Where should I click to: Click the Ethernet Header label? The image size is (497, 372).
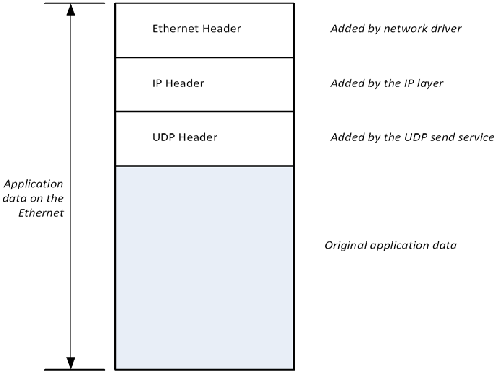tap(196, 29)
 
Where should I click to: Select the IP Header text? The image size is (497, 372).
tap(178, 83)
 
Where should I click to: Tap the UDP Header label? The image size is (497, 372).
tap(185, 137)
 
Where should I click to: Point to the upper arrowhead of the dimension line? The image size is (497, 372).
tap(71, 10)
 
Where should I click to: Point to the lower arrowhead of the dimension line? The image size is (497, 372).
tap(71, 362)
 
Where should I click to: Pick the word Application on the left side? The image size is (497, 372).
tap(34, 184)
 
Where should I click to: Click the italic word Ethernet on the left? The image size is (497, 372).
tap(41, 213)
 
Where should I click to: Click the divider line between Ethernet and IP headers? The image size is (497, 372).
tap(204, 57)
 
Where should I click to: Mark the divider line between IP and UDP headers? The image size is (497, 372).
tap(204, 111)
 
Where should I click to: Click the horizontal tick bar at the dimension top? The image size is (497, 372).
tap(74, 3)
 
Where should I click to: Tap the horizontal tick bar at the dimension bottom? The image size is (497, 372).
tap(74, 369)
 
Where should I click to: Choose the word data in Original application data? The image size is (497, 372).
tap(446, 245)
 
